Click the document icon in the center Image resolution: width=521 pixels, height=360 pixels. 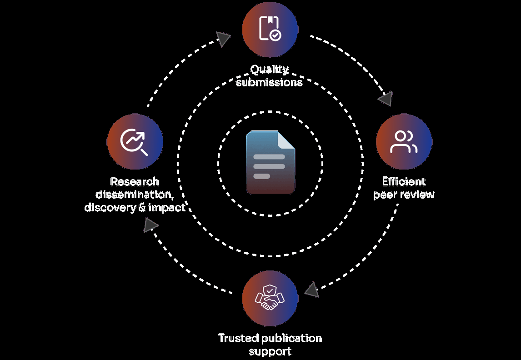[271, 162]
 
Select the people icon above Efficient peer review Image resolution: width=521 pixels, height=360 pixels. [404, 142]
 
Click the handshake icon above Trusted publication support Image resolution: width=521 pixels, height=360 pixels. [270, 298]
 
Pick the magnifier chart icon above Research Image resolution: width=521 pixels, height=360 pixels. [134, 141]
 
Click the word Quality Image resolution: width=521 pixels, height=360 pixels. [270, 70]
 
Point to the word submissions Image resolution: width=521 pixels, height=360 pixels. [270, 82]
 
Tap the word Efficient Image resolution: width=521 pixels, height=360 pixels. [404, 182]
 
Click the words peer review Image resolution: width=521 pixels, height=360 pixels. [404, 195]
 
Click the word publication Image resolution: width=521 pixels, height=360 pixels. [292, 339]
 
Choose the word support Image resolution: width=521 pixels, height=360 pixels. [270, 351]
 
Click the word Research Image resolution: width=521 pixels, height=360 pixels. [135, 182]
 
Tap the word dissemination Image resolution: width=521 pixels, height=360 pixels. [135, 195]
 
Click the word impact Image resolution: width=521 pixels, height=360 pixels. [167, 208]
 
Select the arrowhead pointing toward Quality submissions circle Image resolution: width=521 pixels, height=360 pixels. [224, 39]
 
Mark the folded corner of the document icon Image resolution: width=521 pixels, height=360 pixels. [286, 140]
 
